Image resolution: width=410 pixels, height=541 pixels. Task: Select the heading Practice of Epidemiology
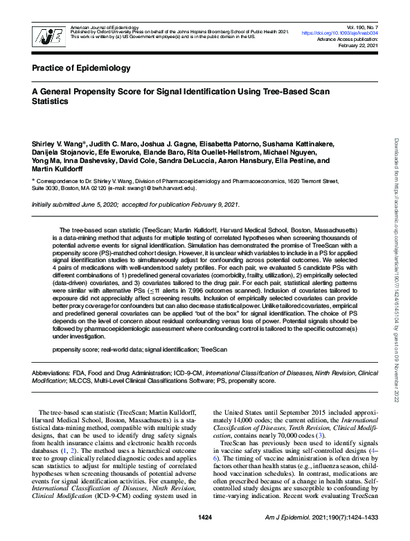(x=81, y=68)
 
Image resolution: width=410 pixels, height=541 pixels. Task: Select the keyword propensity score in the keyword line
(x=74, y=349)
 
